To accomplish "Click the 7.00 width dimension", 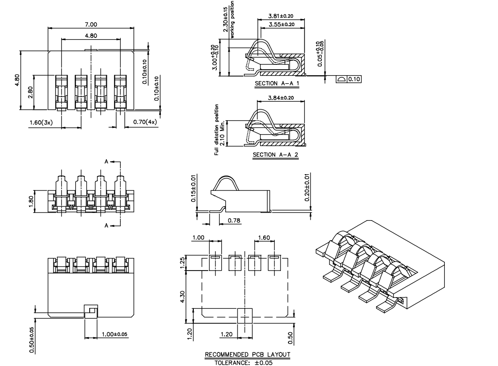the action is (91, 24).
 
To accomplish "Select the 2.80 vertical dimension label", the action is (30, 92).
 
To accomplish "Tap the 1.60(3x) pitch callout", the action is (41, 122).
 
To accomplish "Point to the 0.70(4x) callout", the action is (145, 122).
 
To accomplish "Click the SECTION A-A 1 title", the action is (277, 83).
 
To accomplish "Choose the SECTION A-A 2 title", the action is (275, 155).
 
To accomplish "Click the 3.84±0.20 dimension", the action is (281, 98).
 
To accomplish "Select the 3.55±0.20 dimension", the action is (281, 24).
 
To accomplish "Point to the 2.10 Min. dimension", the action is (222, 133).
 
